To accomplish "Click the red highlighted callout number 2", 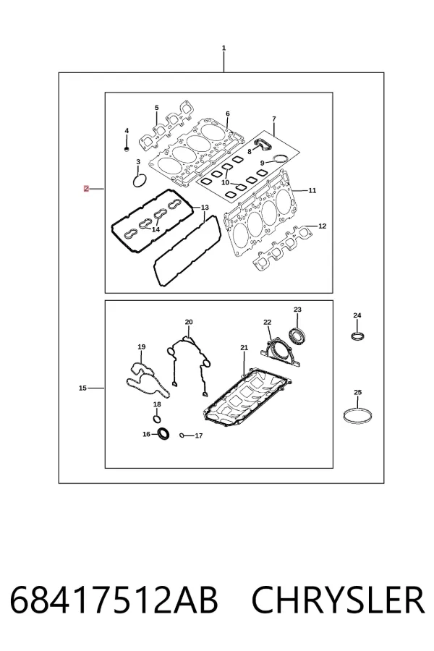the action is coord(86,189).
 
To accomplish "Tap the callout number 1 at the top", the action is coord(224,48).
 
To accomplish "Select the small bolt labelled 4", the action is coord(127,148).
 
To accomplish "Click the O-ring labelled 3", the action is coord(140,181).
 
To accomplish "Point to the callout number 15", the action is coord(82,388).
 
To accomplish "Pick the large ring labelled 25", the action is coord(358,416).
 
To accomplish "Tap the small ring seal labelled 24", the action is coord(357,336).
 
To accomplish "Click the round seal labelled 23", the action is coord(298,336).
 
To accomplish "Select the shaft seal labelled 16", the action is coord(164,433).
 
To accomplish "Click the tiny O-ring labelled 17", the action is coord(182,435).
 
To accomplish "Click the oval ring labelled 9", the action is coord(281,158).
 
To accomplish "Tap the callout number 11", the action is coord(312,190).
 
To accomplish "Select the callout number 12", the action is coord(323,226).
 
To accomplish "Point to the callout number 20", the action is coord(189,322).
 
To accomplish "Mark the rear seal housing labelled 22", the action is coord(281,353).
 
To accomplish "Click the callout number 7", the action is coord(274,119).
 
